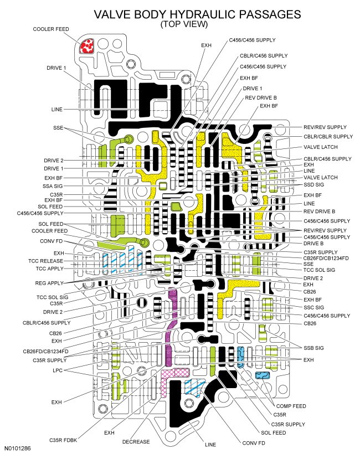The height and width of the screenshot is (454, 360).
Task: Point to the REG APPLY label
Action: click(x=49, y=283)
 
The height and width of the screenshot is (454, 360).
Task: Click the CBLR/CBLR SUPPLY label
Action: click(x=328, y=136)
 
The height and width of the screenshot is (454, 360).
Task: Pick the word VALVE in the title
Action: click(x=115, y=14)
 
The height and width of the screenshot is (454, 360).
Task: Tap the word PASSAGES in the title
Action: click(x=271, y=14)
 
